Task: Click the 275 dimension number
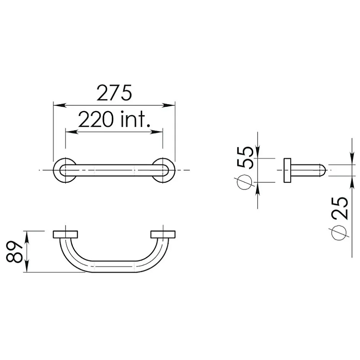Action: [x=115, y=93]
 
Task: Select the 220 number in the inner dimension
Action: [x=96, y=119]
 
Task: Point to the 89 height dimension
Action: [x=14, y=252]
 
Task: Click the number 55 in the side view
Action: [x=245, y=158]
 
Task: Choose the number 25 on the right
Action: [x=340, y=208]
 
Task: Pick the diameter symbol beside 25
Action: [x=339, y=232]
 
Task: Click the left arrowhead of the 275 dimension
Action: [x=59, y=105]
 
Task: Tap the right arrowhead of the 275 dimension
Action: [x=169, y=105]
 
